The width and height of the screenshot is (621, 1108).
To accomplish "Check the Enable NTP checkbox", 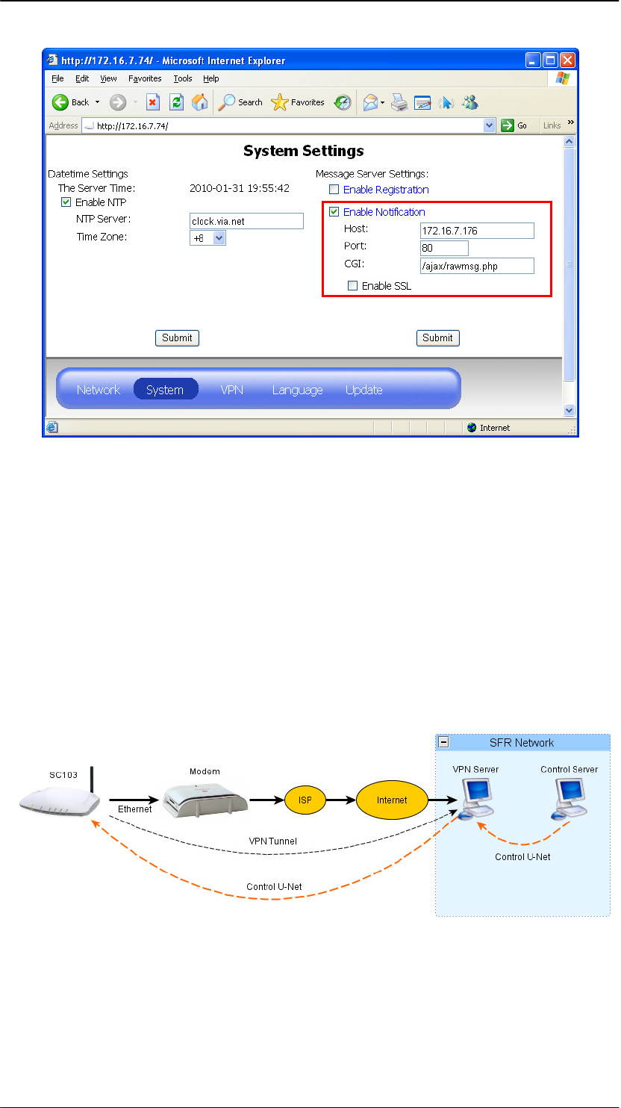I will click(x=66, y=202).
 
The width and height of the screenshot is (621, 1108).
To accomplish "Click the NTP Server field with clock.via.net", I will click(x=246, y=221).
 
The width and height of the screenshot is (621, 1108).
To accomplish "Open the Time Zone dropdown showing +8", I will click(x=207, y=237).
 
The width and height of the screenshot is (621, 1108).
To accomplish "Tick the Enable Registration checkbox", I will click(x=334, y=190).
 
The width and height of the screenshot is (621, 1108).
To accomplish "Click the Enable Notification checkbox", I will click(x=334, y=212).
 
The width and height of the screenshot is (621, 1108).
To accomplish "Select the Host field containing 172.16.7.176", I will click(x=477, y=231).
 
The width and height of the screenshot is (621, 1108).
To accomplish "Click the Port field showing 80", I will click(x=444, y=248).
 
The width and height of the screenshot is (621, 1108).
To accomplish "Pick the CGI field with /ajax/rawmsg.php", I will click(x=477, y=266).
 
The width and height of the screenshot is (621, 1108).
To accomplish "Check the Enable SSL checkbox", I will click(x=352, y=285).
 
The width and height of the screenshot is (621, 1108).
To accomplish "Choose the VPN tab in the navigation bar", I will click(x=231, y=390).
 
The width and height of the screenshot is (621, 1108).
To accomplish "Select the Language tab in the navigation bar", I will click(x=297, y=390).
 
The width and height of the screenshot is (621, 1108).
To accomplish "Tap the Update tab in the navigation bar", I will click(x=363, y=390).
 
